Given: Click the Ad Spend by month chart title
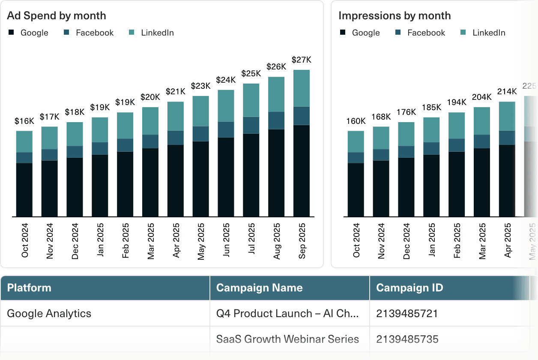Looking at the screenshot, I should tap(57, 16).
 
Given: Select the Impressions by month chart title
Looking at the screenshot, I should tap(395, 16).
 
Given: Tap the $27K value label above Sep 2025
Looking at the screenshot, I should tap(302, 60).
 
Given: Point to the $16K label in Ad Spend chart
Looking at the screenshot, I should tap(24, 121).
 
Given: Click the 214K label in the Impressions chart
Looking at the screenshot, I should tap(507, 91).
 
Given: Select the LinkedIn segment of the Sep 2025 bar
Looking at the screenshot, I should tap(302, 88).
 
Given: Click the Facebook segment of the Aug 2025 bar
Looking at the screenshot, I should tap(276, 120).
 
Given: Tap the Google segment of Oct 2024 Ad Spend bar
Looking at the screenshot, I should tap(24, 189).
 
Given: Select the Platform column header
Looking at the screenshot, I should tap(29, 288).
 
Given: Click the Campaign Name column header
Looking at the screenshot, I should tap(259, 288).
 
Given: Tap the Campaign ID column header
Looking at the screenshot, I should tap(409, 288).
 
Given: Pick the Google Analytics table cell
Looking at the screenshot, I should tap(49, 313).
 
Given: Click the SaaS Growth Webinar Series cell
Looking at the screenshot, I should tap(287, 339).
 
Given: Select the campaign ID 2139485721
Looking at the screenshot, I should tap(407, 313).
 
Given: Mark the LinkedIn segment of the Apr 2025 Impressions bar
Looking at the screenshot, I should tap(507, 116).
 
